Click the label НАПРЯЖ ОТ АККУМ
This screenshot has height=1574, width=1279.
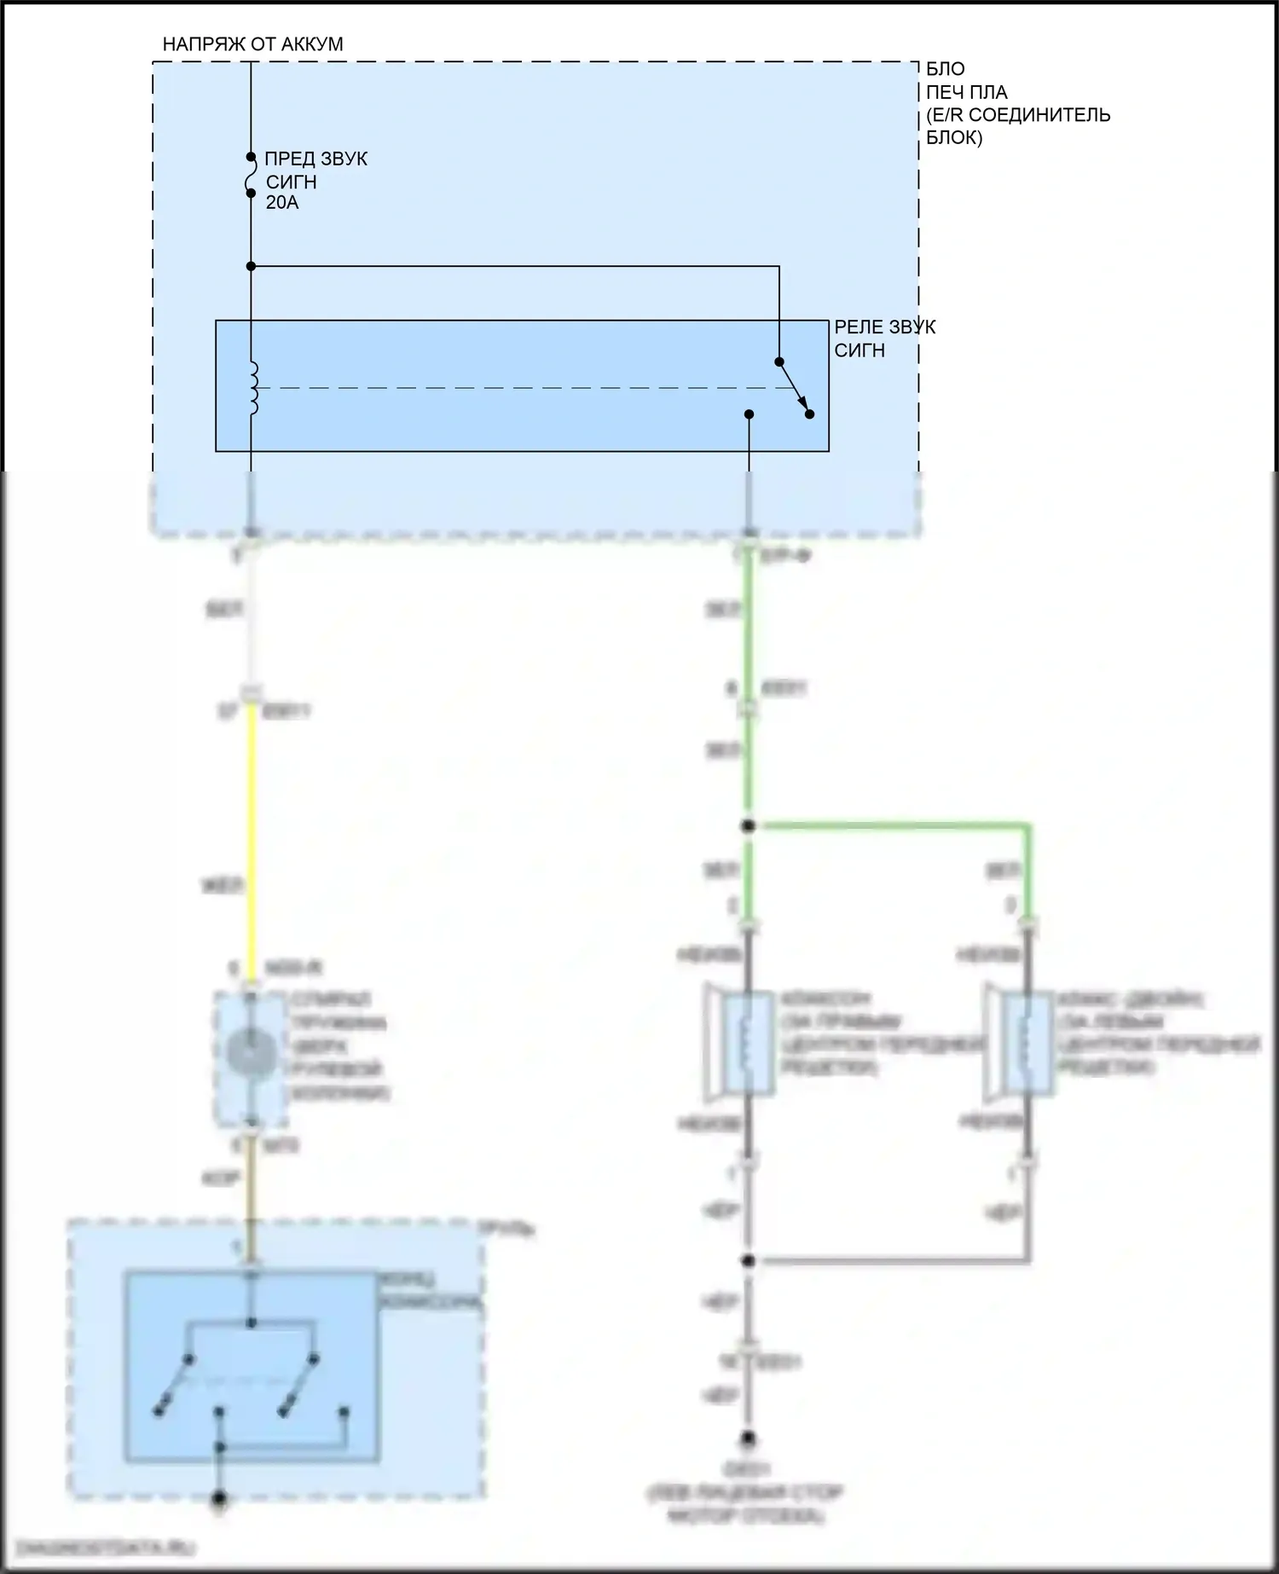tap(252, 44)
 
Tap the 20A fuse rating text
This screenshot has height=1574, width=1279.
tap(282, 203)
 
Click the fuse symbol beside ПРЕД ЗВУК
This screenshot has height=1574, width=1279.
tap(251, 176)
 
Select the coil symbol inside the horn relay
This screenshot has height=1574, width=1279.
tap(252, 389)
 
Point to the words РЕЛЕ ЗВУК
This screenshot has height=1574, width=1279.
tap(884, 327)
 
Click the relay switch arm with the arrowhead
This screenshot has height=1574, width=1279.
tap(794, 388)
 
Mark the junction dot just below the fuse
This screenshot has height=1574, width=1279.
tap(251, 267)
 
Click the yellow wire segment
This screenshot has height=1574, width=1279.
tap(252, 844)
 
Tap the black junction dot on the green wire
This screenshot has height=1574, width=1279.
tap(749, 825)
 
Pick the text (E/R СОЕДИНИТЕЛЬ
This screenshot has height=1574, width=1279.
tap(1018, 115)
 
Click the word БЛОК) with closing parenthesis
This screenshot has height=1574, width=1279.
tap(954, 137)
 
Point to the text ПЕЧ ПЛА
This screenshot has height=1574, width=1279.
tap(966, 92)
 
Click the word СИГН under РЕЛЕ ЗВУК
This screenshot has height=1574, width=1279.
tap(859, 350)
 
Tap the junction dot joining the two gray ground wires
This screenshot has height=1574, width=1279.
tap(749, 1260)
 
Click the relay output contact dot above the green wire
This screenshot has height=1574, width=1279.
tap(749, 414)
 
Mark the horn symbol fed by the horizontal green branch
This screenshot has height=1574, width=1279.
tap(1023, 1043)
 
